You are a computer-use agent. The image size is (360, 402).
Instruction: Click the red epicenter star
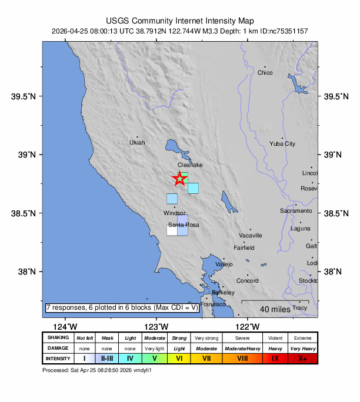180,179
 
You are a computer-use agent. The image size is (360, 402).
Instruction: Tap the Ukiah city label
137,143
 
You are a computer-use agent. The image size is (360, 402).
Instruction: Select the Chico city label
265,73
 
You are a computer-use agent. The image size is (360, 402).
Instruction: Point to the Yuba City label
282,144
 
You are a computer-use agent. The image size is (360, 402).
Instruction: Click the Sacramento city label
296,210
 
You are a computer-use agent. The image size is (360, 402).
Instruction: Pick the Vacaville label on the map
250,235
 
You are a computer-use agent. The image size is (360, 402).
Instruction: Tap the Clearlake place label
190,165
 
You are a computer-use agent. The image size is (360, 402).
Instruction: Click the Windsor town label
174,213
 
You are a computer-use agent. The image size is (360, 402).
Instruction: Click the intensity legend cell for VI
180,359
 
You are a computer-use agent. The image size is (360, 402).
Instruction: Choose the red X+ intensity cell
303,359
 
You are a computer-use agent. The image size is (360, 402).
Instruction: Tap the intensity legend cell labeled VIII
241,359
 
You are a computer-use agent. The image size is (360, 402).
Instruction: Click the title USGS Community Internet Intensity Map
180,20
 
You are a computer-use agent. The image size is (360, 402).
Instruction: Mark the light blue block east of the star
193,188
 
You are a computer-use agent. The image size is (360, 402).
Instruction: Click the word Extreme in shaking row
303,338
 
